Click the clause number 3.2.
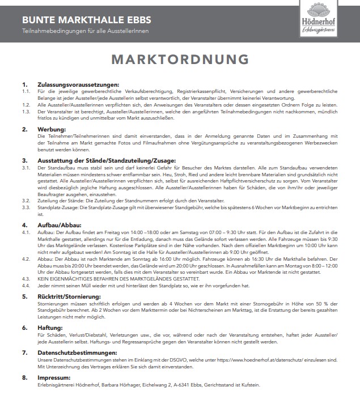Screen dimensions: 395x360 [26, 201]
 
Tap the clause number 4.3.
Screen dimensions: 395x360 [26, 279]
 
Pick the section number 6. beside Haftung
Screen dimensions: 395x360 [24, 328]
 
